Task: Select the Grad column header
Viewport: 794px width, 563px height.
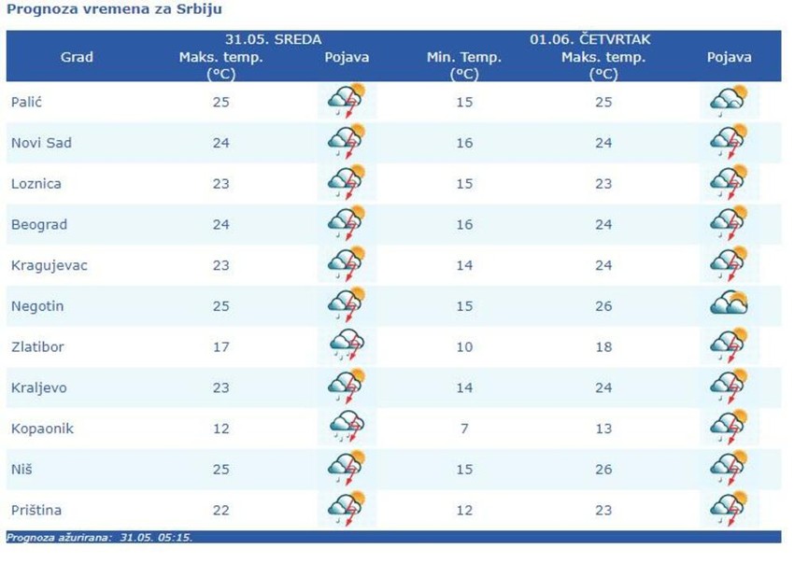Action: tap(77, 57)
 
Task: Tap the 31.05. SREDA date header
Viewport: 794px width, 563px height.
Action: tap(274, 39)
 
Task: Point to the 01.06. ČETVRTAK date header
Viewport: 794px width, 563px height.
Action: tap(590, 39)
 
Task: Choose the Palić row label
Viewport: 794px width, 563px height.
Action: tap(27, 102)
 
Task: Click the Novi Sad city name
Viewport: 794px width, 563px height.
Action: tap(41, 143)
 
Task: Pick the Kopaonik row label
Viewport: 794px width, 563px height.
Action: tap(42, 429)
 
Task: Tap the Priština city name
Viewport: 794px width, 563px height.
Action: tap(37, 510)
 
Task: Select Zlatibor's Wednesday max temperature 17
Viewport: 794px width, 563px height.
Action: tap(221, 347)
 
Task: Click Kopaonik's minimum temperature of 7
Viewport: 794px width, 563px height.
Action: tap(464, 429)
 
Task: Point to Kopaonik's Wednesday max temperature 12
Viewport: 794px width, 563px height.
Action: tap(221, 429)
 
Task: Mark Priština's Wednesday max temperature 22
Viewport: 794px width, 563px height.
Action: tap(221, 510)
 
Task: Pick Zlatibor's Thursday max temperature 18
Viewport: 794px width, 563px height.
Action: tap(603, 347)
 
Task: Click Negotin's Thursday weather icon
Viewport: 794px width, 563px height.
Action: tap(729, 305)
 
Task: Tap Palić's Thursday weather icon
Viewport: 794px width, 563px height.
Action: tap(729, 101)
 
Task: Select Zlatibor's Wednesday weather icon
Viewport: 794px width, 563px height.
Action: tap(347, 346)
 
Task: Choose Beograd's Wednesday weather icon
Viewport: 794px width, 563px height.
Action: tap(347, 224)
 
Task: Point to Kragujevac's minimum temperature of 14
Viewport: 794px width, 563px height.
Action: tap(464, 265)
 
